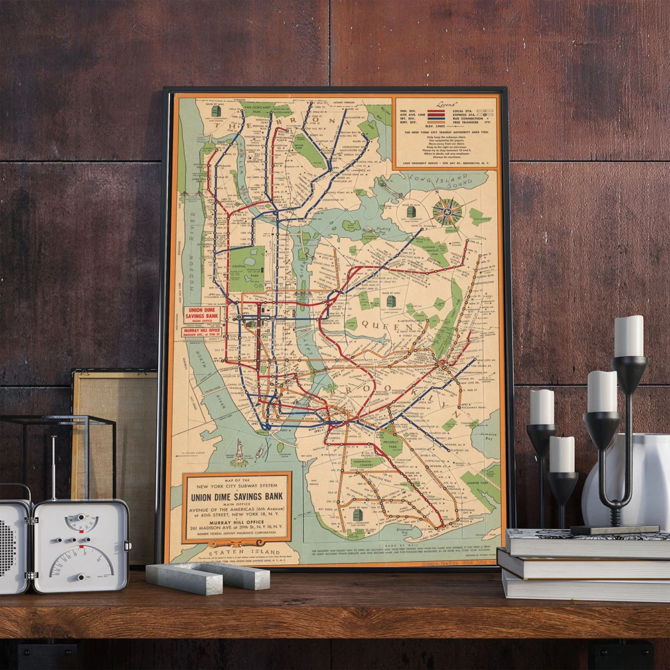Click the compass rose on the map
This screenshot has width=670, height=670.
click(x=447, y=212)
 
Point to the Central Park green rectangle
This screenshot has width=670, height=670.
click(x=247, y=267)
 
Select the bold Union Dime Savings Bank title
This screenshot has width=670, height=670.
click(x=237, y=497)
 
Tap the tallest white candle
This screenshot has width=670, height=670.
click(x=628, y=336)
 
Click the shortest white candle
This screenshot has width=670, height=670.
click(x=561, y=454)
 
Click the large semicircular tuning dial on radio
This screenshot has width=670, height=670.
click(x=80, y=560)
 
